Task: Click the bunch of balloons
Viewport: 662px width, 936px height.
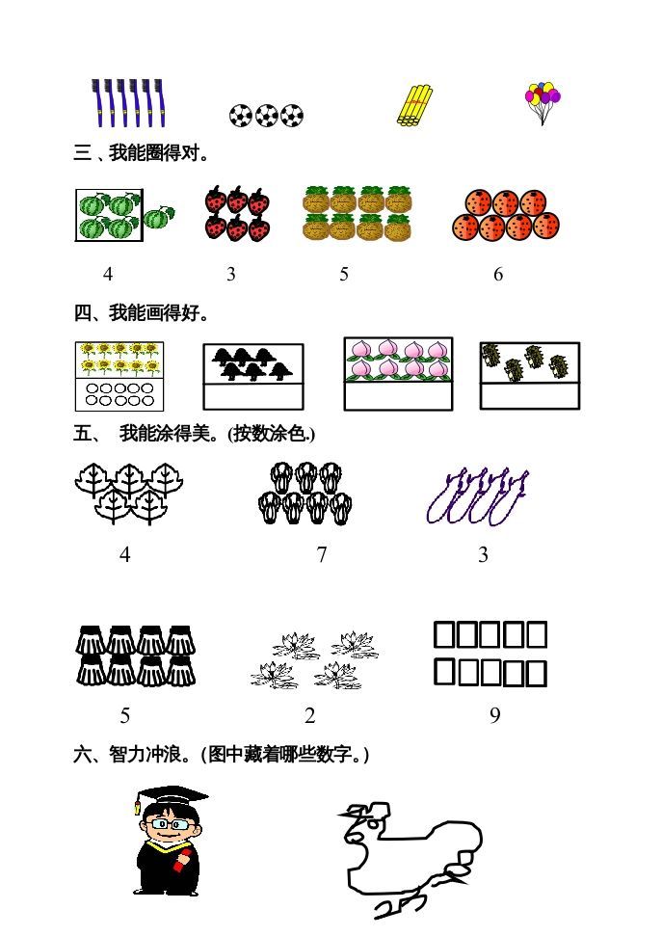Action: click(543, 101)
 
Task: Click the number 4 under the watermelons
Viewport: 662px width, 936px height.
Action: click(108, 275)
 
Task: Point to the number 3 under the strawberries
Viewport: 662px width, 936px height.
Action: click(231, 275)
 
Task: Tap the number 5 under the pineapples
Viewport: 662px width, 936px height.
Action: click(344, 275)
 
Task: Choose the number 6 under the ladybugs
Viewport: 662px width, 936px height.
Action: click(498, 275)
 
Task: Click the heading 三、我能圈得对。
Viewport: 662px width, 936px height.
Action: click(142, 153)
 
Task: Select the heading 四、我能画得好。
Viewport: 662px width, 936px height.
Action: click(142, 313)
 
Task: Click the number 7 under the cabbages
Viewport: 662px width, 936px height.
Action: click(322, 555)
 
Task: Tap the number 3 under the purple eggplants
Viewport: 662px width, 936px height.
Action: click(484, 555)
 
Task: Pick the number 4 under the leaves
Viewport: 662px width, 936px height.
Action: click(125, 555)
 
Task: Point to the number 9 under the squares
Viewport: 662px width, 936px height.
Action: click(495, 716)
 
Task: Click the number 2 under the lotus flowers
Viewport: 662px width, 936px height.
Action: click(310, 716)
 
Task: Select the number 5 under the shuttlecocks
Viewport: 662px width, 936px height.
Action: click(125, 716)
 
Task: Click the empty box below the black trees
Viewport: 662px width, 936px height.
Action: click(253, 397)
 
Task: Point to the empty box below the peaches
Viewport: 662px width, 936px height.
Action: click(399, 396)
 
